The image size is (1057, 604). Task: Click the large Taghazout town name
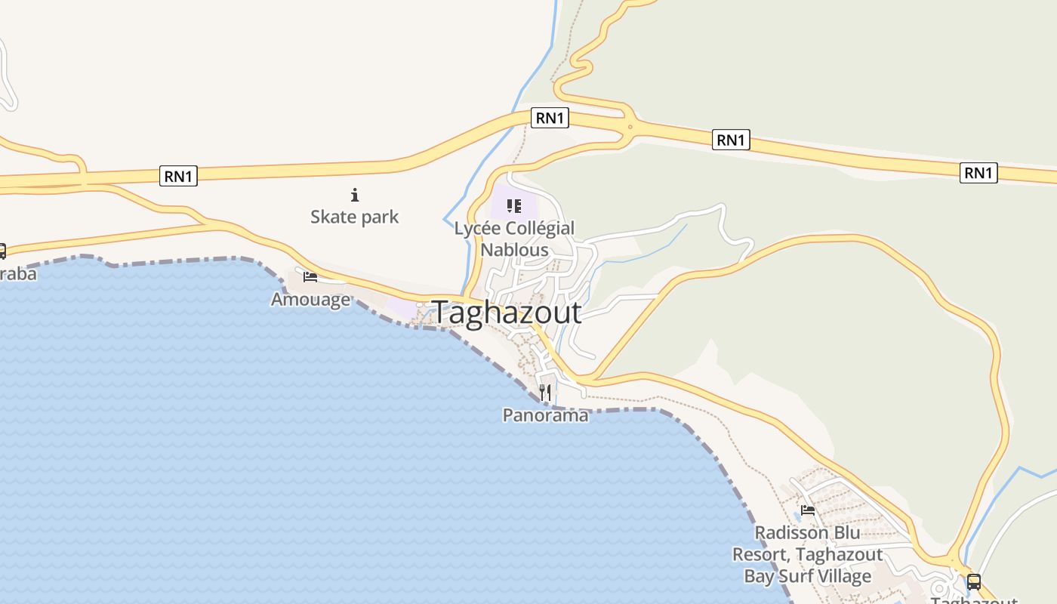(507, 313)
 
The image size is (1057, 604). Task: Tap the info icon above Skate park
(355, 195)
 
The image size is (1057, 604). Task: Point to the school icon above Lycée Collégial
(514, 205)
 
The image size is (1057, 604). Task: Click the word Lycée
(477, 229)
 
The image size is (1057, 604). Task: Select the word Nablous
(514, 250)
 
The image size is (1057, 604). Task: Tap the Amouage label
(311, 300)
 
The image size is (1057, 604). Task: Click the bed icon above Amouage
(310, 277)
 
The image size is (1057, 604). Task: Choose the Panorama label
(545, 415)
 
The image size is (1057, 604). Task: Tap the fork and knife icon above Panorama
(545, 392)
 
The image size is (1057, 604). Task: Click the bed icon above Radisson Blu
(808, 510)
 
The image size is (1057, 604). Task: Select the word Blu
(846, 533)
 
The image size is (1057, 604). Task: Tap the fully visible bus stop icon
(974, 581)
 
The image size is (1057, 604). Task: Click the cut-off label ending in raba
(18, 273)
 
